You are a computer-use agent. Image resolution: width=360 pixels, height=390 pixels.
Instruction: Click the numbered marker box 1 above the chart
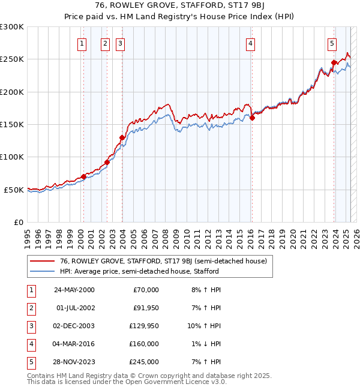(82, 43)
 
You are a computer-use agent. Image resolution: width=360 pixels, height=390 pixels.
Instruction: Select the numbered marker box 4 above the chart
(250, 43)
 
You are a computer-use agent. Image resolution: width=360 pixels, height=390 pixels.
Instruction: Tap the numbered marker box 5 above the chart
(332, 43)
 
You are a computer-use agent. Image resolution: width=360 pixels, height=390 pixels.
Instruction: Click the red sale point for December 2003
(122, 137)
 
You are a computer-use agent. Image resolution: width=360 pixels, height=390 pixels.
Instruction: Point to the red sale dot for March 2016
(252, 118)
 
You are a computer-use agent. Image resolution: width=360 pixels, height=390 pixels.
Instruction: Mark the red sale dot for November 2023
(334, 62)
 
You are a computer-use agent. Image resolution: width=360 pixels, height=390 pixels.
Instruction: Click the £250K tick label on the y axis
(12, 59)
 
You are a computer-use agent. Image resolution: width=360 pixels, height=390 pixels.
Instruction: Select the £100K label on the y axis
(12, 157)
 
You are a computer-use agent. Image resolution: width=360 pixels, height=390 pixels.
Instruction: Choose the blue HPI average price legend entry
(139, 271)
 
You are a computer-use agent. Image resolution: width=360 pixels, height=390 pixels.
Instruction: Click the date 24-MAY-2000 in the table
(74, 290)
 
